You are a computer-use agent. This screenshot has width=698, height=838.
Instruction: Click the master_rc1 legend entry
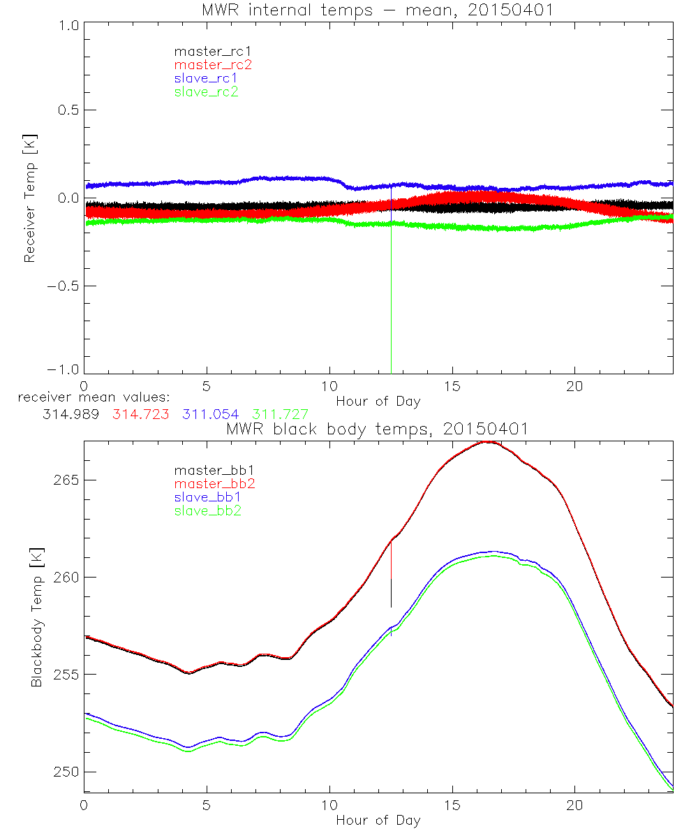(x=206, y=51)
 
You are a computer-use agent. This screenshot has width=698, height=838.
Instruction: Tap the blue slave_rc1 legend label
(x=206, y=78)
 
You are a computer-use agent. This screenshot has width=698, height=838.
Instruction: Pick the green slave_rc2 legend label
(x=206, y=91)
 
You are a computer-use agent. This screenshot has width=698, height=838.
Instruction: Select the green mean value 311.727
(x=280, y=414)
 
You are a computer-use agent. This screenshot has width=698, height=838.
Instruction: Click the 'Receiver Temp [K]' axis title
(x=29, y=198)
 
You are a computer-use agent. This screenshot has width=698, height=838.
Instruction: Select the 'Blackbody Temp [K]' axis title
(x=36, y=617)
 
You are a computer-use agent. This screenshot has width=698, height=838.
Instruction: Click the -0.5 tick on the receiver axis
(x=64, y=286)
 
